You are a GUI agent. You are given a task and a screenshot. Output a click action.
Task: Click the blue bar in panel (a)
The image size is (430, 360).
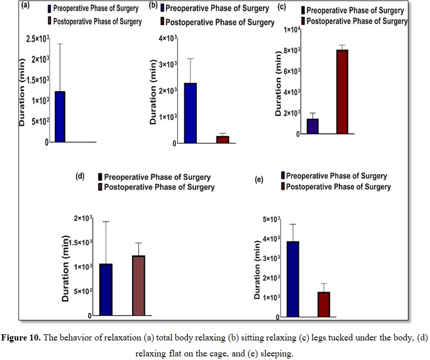tap(60, 117)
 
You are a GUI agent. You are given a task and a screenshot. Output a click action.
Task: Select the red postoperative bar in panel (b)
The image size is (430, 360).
tap(222, 139)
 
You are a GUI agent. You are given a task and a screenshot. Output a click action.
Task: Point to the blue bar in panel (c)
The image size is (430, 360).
tap(312, 126)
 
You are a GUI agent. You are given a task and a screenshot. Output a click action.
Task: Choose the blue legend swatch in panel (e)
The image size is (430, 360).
tap(282, 176)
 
